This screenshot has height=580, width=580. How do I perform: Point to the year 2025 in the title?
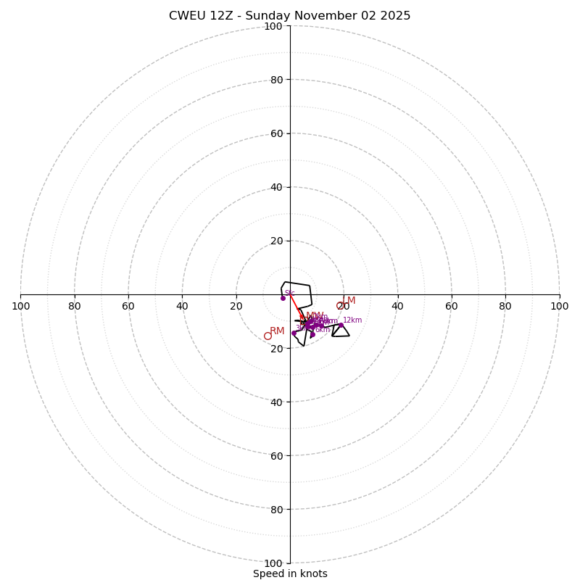pos(396,16)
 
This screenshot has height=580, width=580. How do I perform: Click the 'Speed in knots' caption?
pos(290,573)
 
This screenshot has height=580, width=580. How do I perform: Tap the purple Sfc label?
pos(290,293)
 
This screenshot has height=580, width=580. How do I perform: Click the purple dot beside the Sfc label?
pos(283,298)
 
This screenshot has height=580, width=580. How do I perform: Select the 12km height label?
pos(352,320)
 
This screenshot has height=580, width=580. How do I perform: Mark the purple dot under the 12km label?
pos(341,325)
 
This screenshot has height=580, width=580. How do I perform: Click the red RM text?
pos(277,331)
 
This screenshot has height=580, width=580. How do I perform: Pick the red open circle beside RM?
pos(268,336)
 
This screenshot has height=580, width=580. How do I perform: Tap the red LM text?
pos(349,301)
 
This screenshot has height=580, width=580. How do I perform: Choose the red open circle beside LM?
pos(340,305)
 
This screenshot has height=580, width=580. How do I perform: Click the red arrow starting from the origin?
pos(297,306)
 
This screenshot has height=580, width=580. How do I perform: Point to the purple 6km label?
pos(322,330)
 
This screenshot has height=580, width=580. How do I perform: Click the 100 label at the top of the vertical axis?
pos(273,26)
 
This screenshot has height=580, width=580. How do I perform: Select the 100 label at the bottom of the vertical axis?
pos(273,563)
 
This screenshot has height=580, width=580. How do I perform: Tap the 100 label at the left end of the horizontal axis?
pos(20,306)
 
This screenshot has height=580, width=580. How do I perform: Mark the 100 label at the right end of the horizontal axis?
pos(559,306)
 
